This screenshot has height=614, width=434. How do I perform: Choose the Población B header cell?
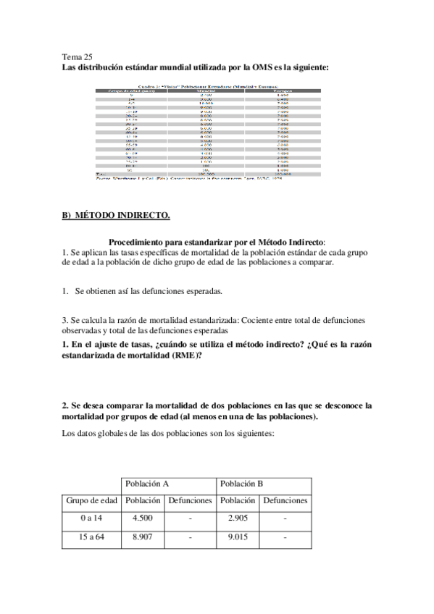pos(241,483)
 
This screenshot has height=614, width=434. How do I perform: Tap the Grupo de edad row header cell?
pos(91,500)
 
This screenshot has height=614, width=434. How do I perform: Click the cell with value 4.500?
pos(143,518)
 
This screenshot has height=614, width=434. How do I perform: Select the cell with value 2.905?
pos(238,518)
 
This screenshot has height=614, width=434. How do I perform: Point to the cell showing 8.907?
pos(143,537)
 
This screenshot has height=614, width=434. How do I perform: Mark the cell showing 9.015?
pos(238,537)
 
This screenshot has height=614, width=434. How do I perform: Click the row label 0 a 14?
pos(91,518)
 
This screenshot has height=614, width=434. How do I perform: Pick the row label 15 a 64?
pos(91,537)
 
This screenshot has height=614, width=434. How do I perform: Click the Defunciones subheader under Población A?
pos(190,500)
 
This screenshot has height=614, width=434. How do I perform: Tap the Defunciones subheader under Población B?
pos(285,500)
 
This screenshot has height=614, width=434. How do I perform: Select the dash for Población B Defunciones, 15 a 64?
pos(285,537)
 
